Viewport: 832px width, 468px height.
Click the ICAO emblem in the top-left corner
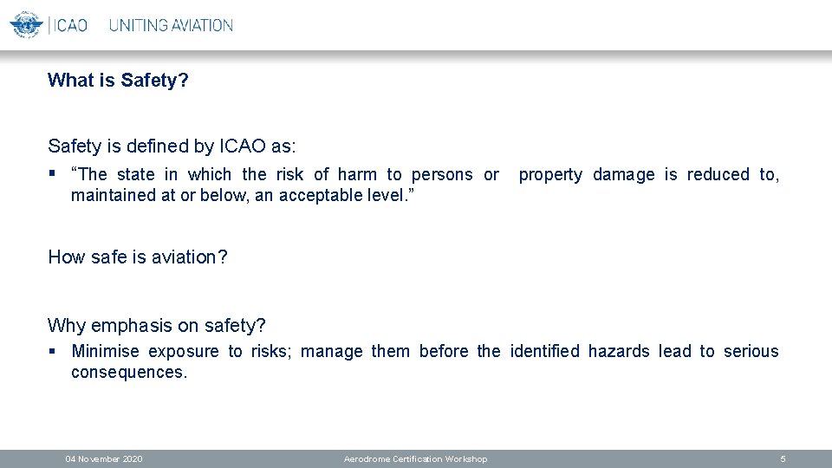[x=25, y=24]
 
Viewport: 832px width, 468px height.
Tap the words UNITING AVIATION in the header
[x=171, y=25]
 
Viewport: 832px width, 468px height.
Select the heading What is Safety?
[x=119, y=81]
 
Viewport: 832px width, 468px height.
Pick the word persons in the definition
[x=442, y=174]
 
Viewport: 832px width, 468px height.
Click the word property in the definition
[x=550, y=174]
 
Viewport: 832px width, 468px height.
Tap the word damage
[x=624, y=174]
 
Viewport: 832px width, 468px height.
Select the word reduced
[x=718, y=174]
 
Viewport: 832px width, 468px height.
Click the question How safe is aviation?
[x=138, y=257]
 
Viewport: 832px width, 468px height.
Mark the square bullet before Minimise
[x=53, y=351]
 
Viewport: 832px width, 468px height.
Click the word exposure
[x=184, y=351]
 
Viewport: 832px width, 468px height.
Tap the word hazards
[x=619, y=351]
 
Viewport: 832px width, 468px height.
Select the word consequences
[x=128, y=372]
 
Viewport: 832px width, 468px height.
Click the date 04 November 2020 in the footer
[x=104, y=458]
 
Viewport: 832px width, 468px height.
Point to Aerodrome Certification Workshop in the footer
[x=415, y=458]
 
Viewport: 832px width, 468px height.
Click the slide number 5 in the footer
[x=783, y=458]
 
